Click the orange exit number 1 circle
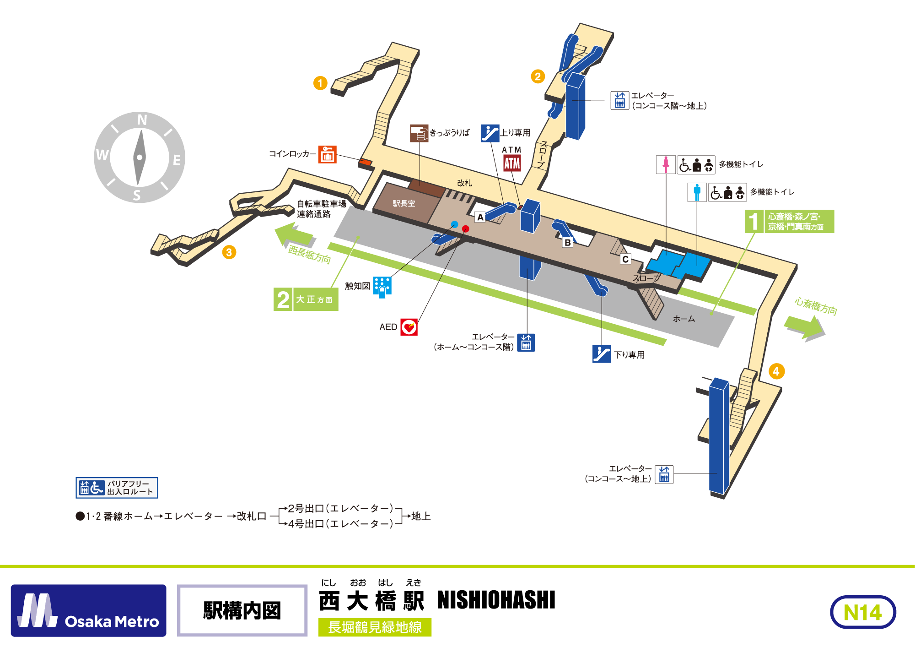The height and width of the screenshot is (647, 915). [x=320, y=83]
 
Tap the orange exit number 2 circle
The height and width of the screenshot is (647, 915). [x=538, y=76]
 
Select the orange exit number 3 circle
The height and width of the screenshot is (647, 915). [x=229, y=252]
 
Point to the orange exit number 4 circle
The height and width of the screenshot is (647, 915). [x=776, y=371]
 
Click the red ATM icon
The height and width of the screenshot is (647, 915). [x=512, y=163]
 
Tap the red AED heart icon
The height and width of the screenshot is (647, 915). [x=409, y=327]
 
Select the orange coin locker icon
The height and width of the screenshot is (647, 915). [x=327, y=154]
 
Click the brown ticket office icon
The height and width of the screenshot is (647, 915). [x=419, y=133]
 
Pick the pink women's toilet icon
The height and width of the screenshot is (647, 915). [x=666, y=165]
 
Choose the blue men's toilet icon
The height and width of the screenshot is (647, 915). [x=697, y=192]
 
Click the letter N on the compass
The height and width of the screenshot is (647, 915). [x=142, y=120]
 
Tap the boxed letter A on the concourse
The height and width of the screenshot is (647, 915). [x=480, y=217]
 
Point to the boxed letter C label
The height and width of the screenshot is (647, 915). [x=625, y=259]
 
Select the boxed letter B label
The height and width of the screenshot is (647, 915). [x=568, y=243]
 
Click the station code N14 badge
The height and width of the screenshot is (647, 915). [x=863, y=612]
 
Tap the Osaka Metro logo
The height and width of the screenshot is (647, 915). [x=89, y=610]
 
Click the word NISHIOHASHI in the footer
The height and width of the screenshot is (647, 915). [x=496, y=600]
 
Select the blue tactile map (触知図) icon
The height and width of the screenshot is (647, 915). [x=382, y=287]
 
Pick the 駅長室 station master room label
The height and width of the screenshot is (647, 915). [x=404, y=204]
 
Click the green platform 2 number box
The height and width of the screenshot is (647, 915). [x=283, y=299]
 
